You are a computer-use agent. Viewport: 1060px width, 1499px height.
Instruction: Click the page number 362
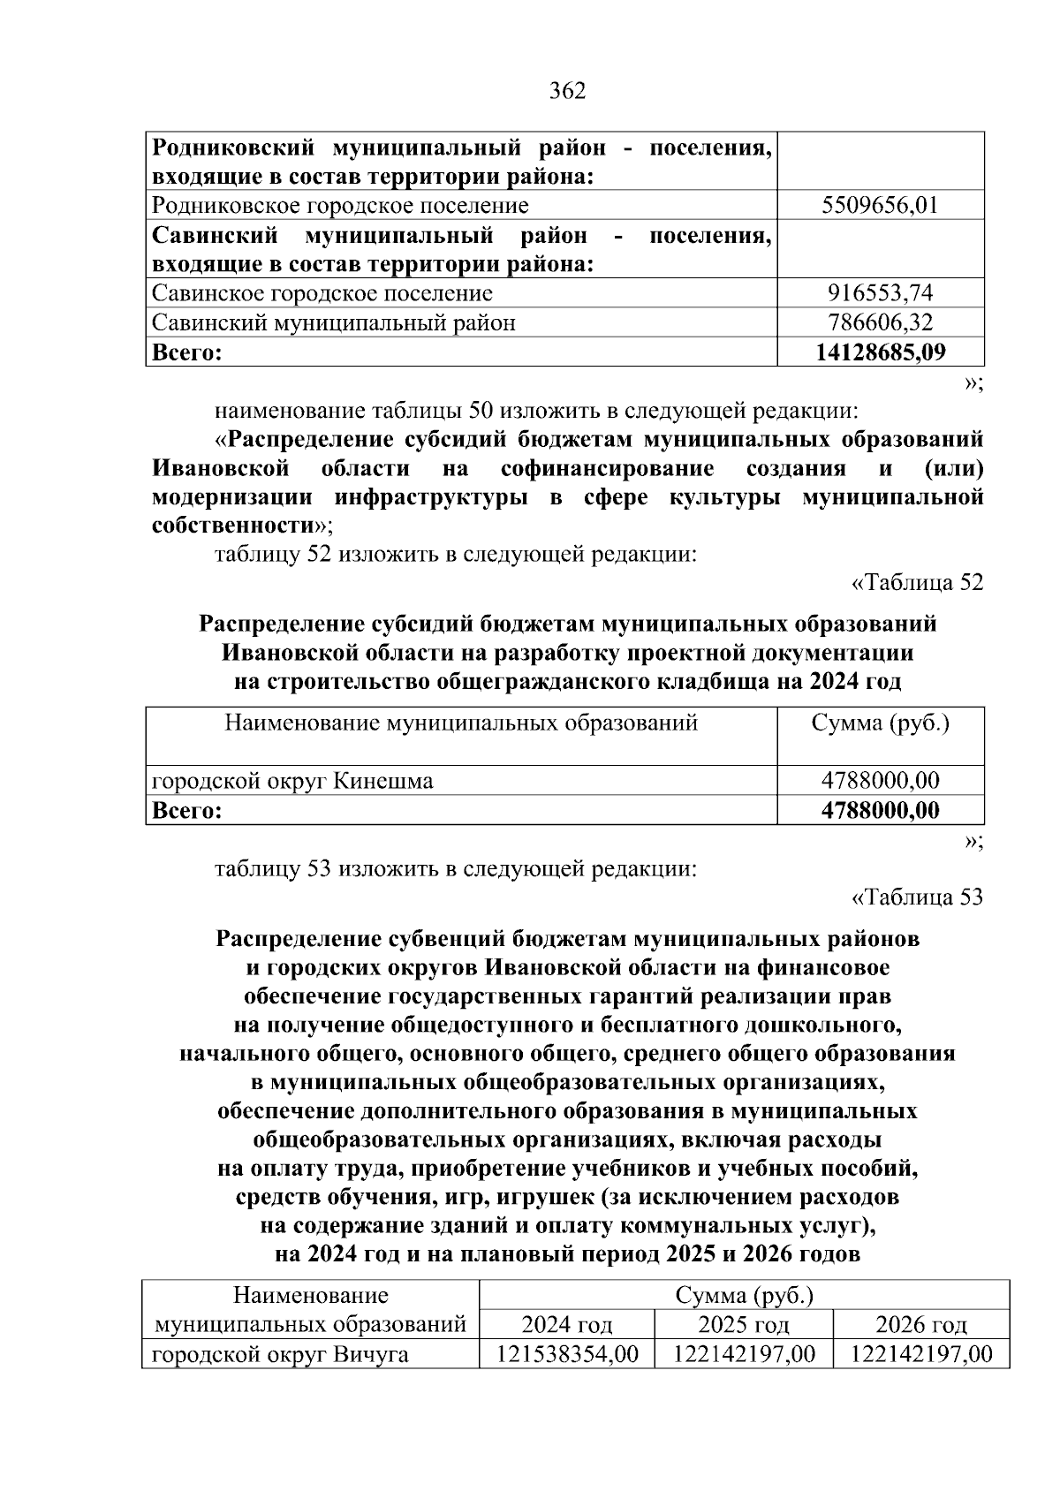point(567,91)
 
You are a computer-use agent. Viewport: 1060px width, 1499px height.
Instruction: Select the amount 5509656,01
point(880,206)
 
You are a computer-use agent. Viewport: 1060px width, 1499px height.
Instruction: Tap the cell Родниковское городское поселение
point(340,206)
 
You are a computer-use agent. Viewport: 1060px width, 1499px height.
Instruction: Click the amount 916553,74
point(880,292)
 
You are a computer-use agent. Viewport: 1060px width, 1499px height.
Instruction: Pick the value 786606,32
point(880,322)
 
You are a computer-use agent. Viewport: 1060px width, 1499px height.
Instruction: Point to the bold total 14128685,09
point(880,352)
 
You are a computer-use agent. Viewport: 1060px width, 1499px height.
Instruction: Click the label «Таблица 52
point(917,583)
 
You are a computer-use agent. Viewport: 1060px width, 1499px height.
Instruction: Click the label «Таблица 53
point(917,897)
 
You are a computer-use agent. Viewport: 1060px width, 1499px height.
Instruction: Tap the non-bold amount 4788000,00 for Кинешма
point(880,781)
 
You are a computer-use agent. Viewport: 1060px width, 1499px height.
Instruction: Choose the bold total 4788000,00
point(880,810)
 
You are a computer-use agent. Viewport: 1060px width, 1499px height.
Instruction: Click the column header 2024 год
point(566,1325)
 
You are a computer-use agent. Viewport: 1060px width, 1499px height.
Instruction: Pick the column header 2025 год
point(743,1325)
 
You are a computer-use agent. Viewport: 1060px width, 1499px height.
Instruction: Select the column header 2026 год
point(920,1325)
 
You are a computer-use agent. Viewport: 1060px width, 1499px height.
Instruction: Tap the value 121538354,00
point(566,1354)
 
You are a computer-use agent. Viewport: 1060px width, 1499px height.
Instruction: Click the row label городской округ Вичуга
point(280,1354)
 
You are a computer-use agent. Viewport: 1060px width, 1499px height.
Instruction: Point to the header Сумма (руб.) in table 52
point(880,723)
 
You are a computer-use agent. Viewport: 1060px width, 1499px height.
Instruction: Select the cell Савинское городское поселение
point(322,292)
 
